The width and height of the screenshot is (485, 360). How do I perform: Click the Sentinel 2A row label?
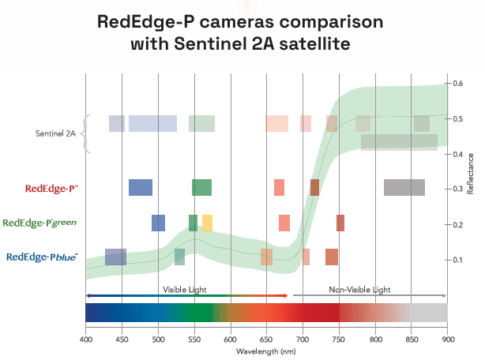point(55,133)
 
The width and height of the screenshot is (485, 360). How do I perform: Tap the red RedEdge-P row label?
point(51,188)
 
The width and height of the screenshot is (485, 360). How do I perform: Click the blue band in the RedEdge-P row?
point(141,187)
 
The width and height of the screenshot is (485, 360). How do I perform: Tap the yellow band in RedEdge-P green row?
point(207,223)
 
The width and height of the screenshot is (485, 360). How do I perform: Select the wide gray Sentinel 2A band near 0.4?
point(399,142)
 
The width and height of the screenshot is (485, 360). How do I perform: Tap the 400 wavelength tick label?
point(85,340)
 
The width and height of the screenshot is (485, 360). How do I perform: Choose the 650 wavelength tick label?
point(266,340)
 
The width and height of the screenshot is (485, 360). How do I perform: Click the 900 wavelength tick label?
point(447,340)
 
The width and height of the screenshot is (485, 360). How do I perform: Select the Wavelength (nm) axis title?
point(266,352)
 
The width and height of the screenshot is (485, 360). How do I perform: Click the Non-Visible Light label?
point(359,290)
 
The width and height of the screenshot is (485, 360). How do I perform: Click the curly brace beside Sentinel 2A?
point(87,133)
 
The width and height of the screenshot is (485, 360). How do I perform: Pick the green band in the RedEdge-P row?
point(201,187)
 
